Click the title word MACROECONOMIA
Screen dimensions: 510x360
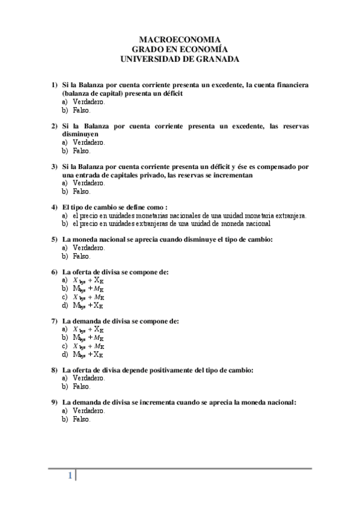(x=180, y=38)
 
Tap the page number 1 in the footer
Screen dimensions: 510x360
(x=70, y=476)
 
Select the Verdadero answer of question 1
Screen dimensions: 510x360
(x=88, y=102)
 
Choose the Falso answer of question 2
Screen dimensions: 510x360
(x=81, y=151)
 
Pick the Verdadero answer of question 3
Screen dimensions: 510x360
(x=88, y=183)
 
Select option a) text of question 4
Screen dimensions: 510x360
(x=189, y=215)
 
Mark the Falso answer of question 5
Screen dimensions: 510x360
(x=81, y=256)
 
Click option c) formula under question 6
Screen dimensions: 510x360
(x=88, y=296)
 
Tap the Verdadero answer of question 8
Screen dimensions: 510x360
(x=88, y=378)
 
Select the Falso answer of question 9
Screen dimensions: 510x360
(x=81, y=419)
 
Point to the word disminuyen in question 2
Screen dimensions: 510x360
(x=80, y=134)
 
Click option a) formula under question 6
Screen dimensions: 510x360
(x=88, y=280)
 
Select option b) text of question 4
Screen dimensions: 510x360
(x=171, y=223)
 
